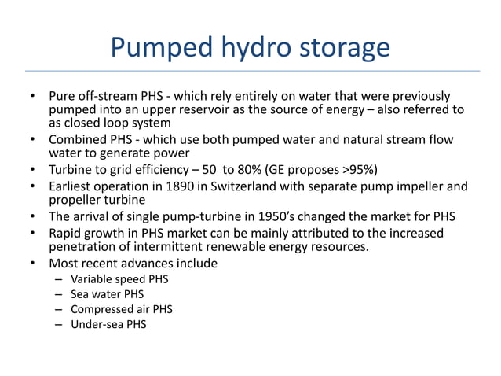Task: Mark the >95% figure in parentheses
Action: (x=346, y=170)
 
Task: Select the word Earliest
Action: (x=71, y=186)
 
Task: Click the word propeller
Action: (x=75, y=201)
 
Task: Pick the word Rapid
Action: (x=65, y=234)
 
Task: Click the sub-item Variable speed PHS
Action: (x=119, y=278)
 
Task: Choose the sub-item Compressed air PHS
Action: (x=122, y=309)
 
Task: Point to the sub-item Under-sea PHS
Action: (x=108, y=324)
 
